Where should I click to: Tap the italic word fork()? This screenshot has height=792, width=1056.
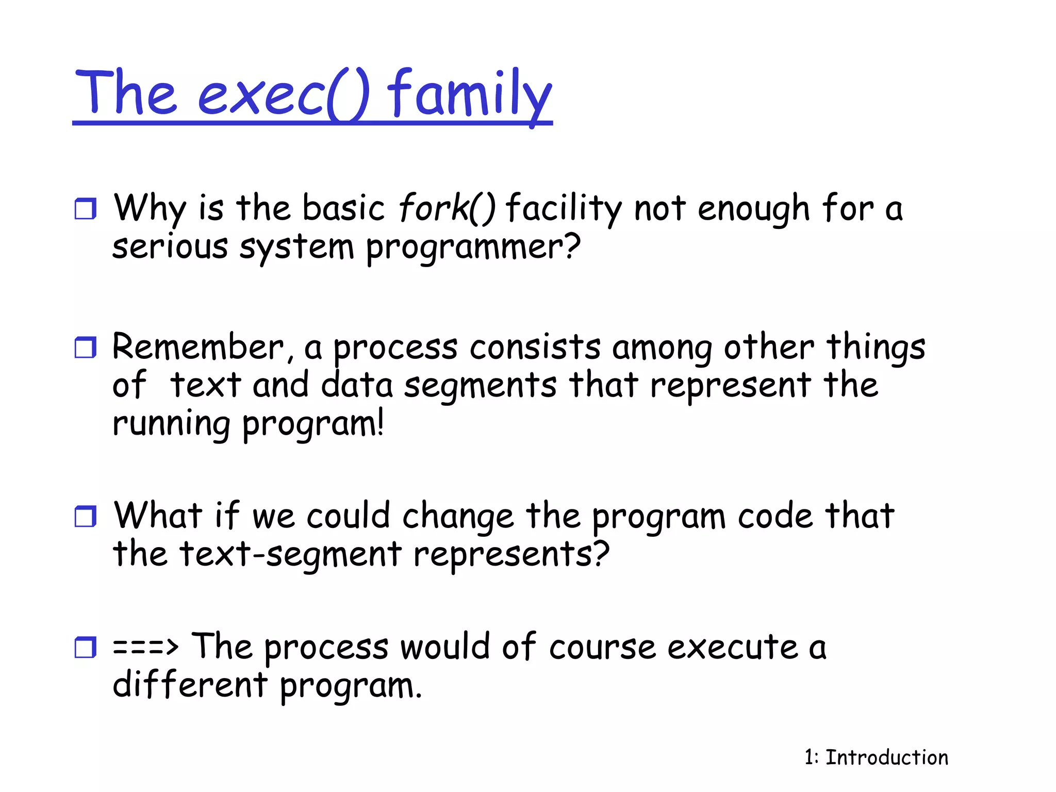pyautogui.click(x=447, y=208)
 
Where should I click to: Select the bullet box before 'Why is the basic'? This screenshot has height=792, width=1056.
pyautogui.click(x=85, y=209)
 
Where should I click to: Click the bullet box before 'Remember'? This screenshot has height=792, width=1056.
pyautogui.click(x=85, y=348)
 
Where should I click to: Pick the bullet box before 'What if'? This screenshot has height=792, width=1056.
pyautogui.click(x=85, y=516)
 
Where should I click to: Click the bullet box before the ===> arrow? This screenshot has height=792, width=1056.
pyautogui.click(x=85, y=647)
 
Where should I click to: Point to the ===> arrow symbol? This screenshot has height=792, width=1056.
pyautogui.click(x=145, y=647)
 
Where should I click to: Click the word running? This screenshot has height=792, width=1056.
pyautogui.click(x=171, y=425)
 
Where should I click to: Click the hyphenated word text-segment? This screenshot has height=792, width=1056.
pyautogui.click(x=290, y=555)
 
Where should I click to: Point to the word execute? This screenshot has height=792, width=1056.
pyautogui.click(x=733, y=648)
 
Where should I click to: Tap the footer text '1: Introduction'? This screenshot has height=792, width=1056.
pyautogui.click(x=876, y=757)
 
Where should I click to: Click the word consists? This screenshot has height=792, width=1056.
pyautogui.click(x=535, y=348)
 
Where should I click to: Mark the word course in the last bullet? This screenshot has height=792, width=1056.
pyautogui.click(x=602, y=648)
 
